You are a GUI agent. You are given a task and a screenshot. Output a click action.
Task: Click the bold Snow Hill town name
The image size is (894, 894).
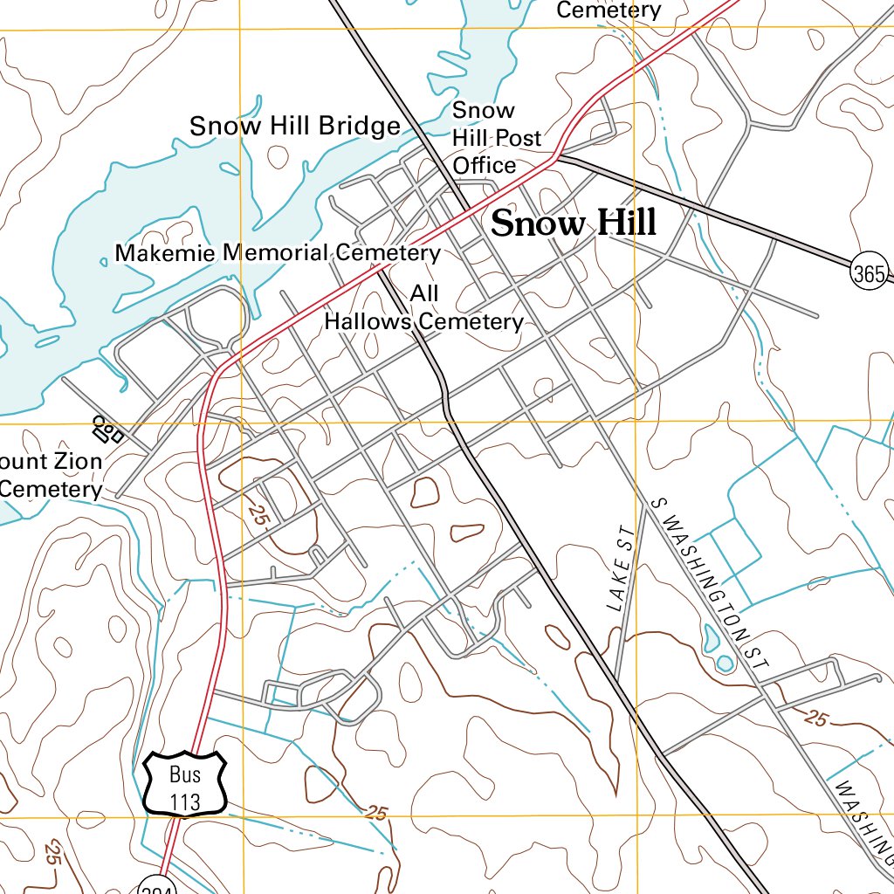(573, 223)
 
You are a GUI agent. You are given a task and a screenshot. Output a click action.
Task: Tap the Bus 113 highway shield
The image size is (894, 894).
(185, 783)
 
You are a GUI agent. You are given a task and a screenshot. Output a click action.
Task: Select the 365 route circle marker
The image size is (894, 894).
(870, 273)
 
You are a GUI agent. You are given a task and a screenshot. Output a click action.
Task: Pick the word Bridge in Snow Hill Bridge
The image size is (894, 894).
(358, 127)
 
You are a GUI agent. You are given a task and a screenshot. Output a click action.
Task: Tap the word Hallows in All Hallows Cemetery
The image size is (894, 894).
(367, 322)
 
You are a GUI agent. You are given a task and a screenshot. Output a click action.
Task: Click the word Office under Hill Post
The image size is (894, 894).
(484, 165)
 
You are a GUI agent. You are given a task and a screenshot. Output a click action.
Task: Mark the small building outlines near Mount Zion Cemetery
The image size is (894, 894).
(107, 429)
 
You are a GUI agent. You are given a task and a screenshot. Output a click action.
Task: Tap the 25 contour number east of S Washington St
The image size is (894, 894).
(815, 719)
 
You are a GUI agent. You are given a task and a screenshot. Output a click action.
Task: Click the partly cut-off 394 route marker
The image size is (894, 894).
(158, 886)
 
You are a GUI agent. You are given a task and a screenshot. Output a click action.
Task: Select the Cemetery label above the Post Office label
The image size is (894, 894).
(609, 10)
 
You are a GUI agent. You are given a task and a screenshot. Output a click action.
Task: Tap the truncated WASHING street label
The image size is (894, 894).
(864, 816)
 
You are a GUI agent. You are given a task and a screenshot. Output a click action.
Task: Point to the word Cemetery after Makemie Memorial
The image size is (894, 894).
(388, 253)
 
